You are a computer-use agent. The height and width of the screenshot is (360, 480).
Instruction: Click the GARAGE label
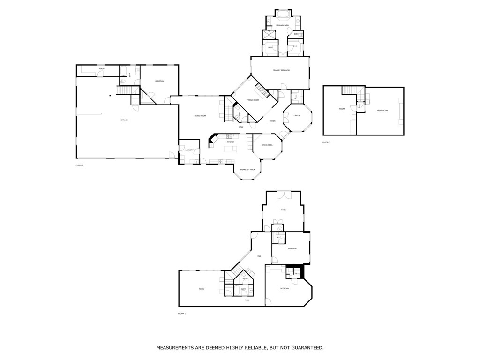(x=124, y=120)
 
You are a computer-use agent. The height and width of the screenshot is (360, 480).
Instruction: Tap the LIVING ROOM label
(x=200, y=116)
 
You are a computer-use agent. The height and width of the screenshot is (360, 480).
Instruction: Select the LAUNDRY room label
(x=189, y=150)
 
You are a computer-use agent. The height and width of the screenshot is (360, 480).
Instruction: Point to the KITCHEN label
(x=231, y=142)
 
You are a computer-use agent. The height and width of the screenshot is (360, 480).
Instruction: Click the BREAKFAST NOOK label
(x=247, y=169)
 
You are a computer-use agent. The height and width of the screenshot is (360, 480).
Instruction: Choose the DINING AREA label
(x=267, y=145)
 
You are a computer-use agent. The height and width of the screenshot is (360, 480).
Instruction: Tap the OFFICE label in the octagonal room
(x=297, y=115)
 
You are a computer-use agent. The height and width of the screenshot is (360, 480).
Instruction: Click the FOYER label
(x=272, y=121)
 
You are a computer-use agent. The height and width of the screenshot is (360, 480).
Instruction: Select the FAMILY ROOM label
(x=253, y=100)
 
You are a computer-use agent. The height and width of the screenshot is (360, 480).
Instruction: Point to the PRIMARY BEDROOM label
(x=281, y=70)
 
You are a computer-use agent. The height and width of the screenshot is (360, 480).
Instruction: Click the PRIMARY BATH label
(x=282, y=25)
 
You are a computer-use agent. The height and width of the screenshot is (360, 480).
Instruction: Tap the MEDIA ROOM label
(x=382, y=111)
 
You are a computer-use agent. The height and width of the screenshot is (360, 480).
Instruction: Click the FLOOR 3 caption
(x=326, y=142)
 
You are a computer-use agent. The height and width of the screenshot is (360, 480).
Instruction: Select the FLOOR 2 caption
(x=79, y=165)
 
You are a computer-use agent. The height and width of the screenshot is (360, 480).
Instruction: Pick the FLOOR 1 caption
(x=182, y=313)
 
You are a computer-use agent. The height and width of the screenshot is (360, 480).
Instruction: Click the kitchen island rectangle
(x=231, y=150)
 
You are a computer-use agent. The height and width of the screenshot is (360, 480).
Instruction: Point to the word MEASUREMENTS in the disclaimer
(x=176, y=348)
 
